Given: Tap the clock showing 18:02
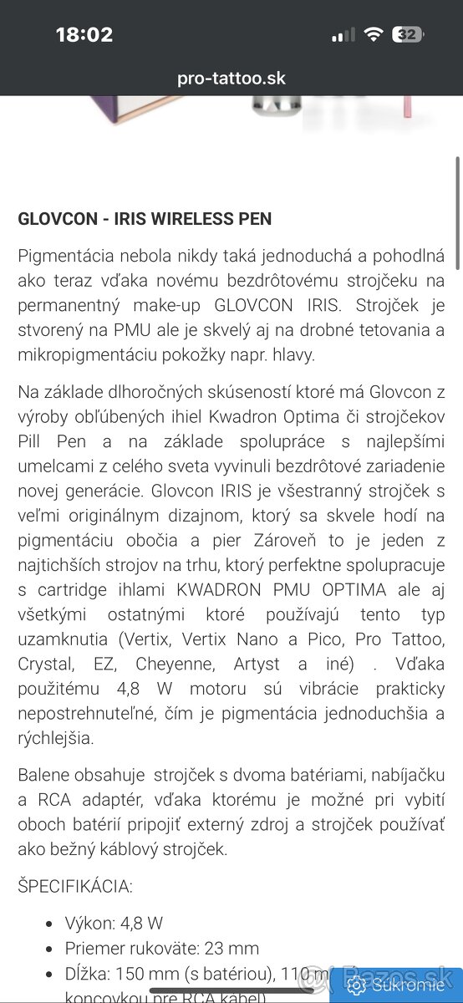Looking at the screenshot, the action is (84, 35).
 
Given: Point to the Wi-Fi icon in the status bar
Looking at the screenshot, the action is (373, 35).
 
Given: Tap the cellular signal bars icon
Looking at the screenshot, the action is (343, 36).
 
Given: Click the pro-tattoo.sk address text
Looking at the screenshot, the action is (231, 79).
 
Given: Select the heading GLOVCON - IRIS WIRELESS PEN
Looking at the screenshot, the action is (145, 219).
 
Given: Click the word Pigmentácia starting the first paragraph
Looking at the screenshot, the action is (62, 256).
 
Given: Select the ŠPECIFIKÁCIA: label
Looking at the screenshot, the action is (75, 886).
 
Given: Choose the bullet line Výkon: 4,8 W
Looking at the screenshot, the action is (114, 923).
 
